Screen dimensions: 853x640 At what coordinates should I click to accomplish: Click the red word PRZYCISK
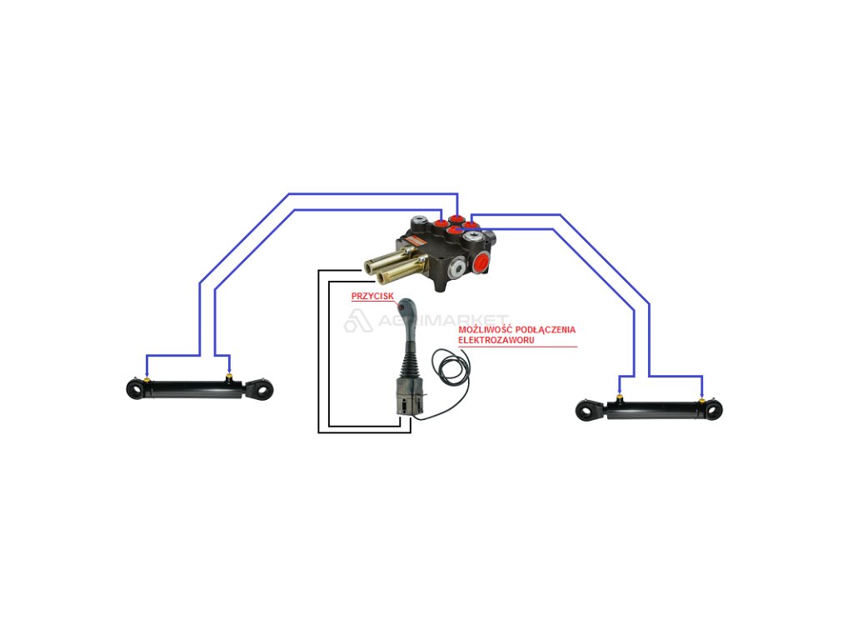(x=372, y=295)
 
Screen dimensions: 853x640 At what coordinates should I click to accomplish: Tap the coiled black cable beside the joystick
(x=450, y=367)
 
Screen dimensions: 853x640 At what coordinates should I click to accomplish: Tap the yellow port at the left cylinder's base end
(x=147, y=382)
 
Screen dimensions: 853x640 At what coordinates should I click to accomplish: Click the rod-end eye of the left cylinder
(x=264, y=389)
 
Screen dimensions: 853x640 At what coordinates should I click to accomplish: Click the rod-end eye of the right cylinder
(x=587, y=409)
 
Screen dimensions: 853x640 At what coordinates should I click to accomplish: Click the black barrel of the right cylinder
(x=658, y=409)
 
